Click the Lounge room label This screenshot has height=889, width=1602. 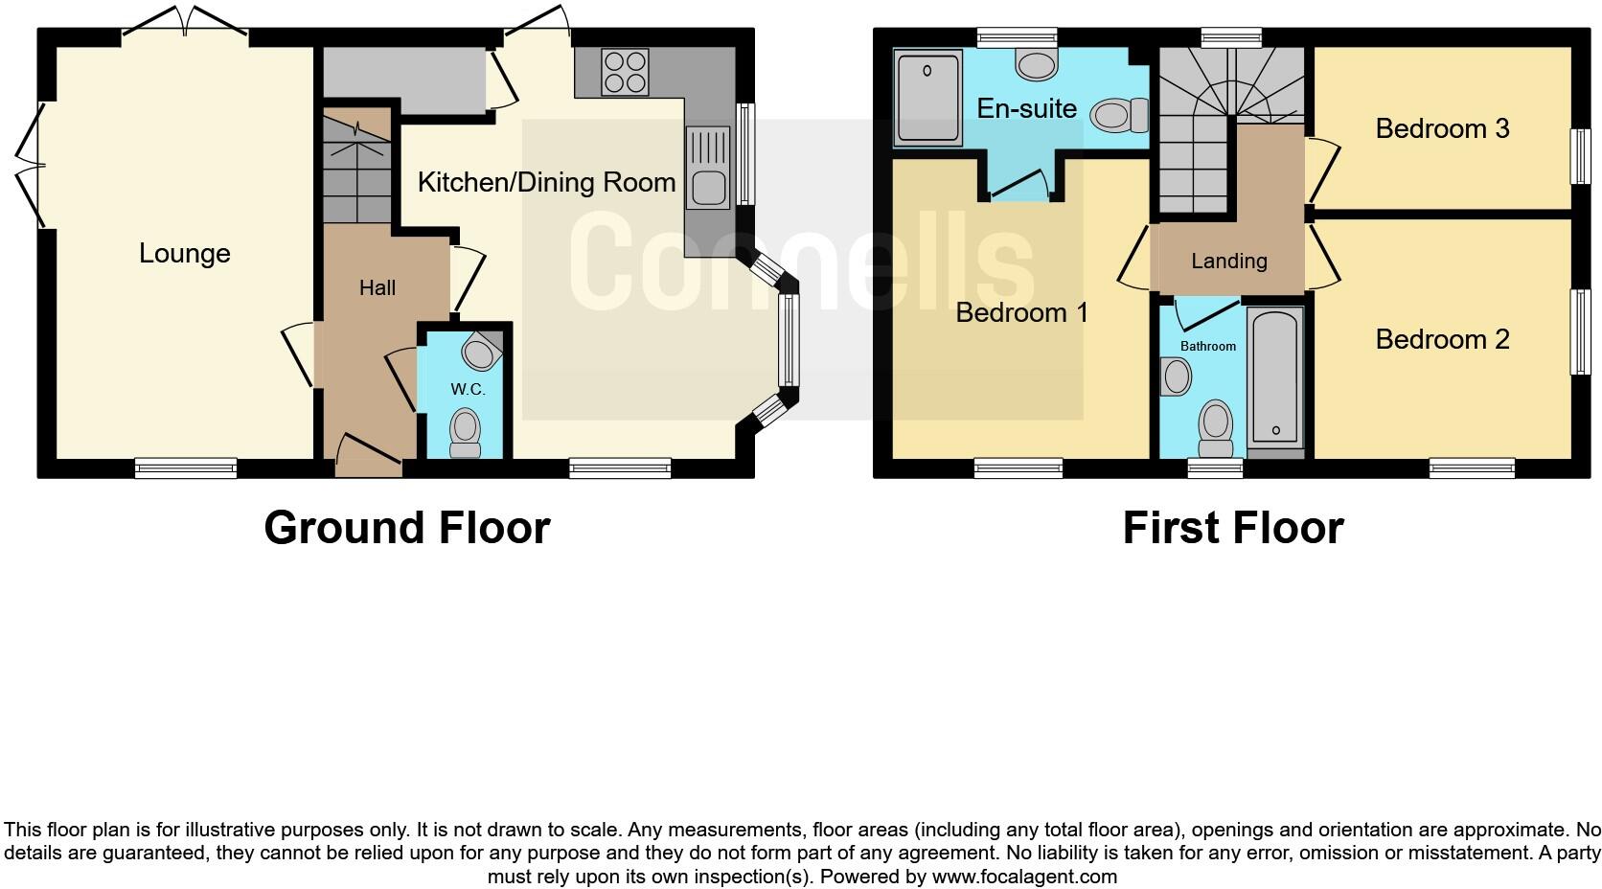tap(185, 254)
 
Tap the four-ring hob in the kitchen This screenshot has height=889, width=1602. tap(625, 72)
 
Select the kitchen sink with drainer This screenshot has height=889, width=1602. tap(707, 168)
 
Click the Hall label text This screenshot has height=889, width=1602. tap(377, 287)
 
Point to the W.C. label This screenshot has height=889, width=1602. tap(468, 390)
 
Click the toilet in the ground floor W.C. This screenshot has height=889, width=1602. tap(466, 433)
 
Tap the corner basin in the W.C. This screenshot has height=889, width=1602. tap(480, 352)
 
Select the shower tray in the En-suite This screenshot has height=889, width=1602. tap(927, 98)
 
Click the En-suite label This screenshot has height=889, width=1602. tap(1026, 108)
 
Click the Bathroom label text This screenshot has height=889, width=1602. tap(1207, 346)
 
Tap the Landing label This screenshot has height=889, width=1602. tap(1228, 261)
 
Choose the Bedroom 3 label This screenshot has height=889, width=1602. tap(1442, 128)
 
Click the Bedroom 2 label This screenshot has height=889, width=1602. tap(1442, 339)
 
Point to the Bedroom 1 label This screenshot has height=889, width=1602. tap(1021, 312)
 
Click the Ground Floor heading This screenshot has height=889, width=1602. tap(406, 528)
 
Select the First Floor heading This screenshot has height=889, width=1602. tap(1232, 528)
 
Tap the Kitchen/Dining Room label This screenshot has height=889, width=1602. tap(546, 182)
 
